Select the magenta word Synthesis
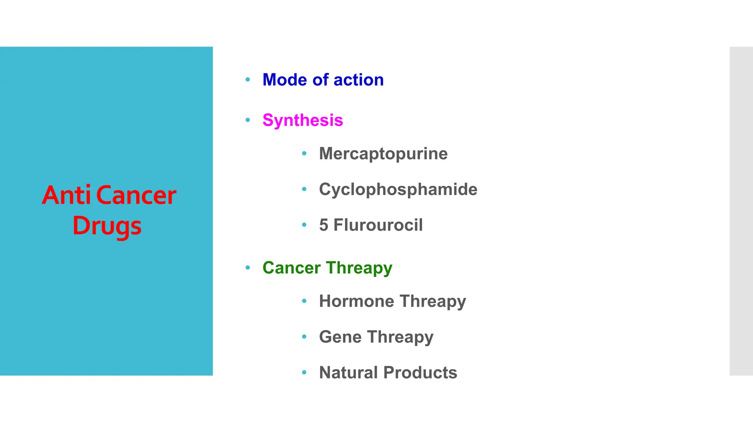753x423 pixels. [x=303, y=120]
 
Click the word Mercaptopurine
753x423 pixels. [x=383, y=153]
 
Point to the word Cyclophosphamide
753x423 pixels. [x=398, y=189]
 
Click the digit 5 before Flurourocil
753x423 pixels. [x=324, y=225]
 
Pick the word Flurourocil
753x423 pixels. [x=378, y=225]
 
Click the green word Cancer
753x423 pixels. [x=292, y=268]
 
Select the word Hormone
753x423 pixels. [x=356, y=301]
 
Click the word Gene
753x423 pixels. [x=340, y=337]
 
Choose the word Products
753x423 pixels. [x=420, y=372]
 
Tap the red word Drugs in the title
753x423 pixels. [x=107, y=225]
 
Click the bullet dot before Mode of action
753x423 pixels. [x=248, y=79]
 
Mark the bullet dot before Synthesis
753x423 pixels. [x=248, y=120]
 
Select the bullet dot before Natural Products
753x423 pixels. [x=304, y=372]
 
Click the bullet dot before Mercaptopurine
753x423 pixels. [x=304, y=153]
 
